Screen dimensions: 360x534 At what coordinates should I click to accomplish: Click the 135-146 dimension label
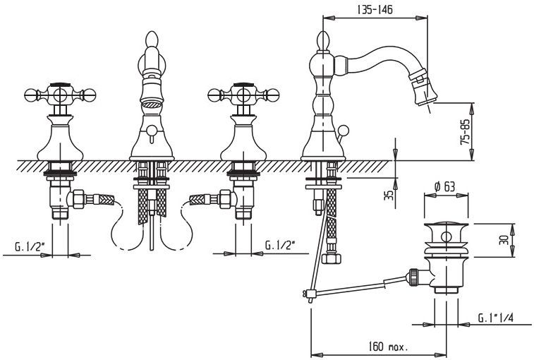(375, 9)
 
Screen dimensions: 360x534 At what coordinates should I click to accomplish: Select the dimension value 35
(389, 194)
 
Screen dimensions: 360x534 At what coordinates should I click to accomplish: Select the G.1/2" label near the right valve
(280, 245)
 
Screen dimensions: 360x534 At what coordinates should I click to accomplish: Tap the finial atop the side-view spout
(322, 41)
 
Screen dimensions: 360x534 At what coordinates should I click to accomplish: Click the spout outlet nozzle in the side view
(426, 92)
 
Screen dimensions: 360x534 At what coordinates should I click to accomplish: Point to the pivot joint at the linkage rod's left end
(307, 293)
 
